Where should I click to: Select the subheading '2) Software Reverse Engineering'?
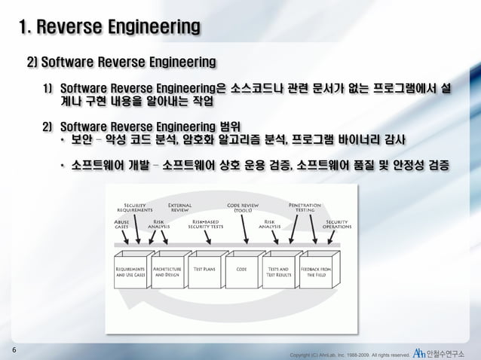click(121, 61)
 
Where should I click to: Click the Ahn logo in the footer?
click(420, 352)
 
